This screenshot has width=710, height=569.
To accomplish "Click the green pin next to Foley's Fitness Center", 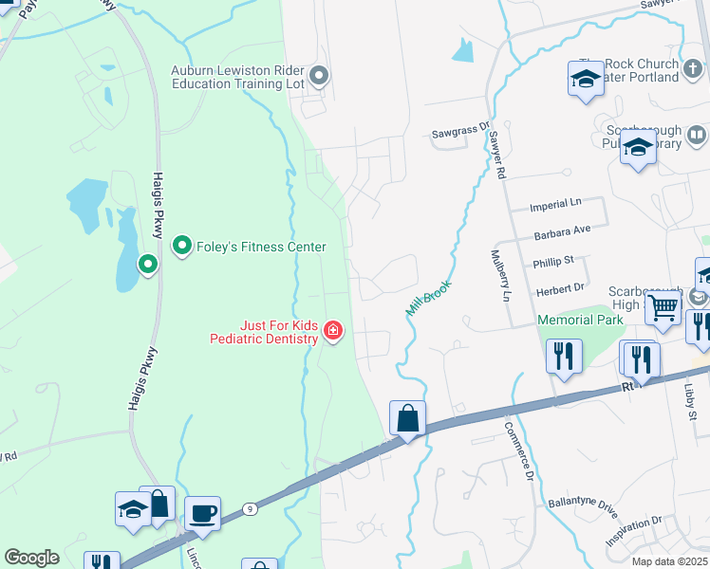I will [181, 246].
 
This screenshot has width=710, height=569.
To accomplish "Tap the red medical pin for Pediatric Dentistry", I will [333, 331].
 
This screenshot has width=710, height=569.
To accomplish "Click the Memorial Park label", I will [580, 320].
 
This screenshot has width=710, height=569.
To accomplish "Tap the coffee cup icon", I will [202, 514].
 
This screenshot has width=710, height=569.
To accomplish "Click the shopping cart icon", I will [663, 306].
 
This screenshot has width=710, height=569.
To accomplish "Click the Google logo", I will [31, 558].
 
